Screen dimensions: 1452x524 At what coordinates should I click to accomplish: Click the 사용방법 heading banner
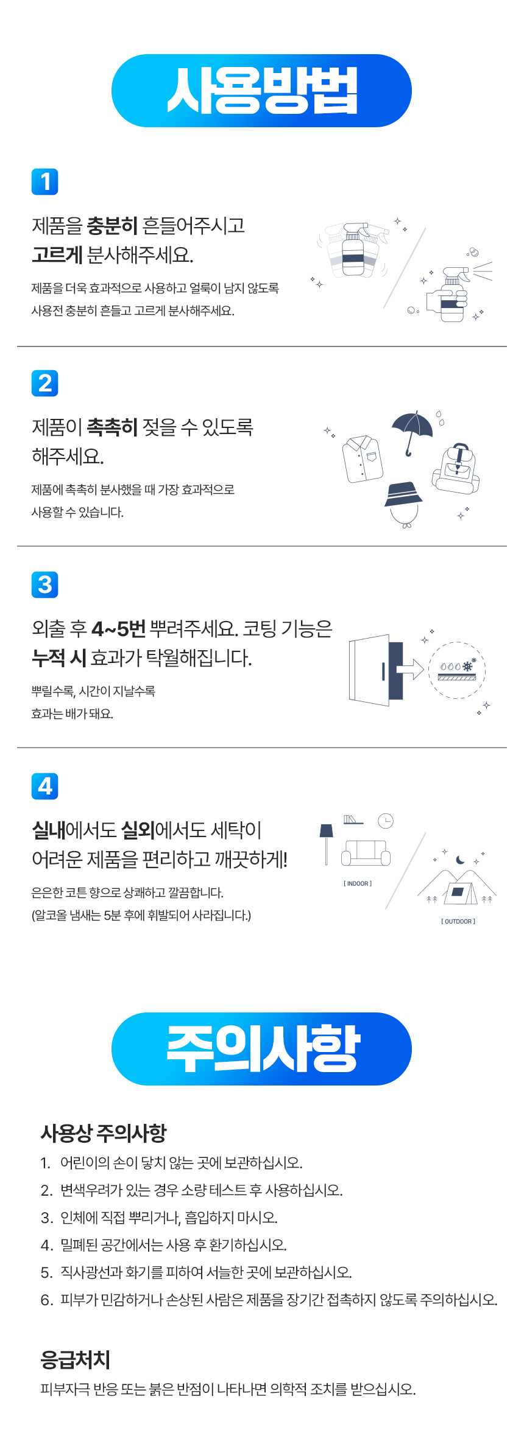261,91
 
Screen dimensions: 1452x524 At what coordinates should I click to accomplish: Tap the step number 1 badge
44,181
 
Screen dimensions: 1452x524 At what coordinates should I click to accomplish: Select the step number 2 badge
44,383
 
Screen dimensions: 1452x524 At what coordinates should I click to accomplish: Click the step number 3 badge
44,584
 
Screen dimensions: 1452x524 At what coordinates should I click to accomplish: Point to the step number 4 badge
44,786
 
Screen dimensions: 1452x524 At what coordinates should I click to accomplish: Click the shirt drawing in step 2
363,458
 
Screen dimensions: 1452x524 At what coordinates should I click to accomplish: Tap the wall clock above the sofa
386,821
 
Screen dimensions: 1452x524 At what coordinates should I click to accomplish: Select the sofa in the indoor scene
366,852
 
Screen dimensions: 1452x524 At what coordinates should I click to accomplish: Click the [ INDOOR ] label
358,883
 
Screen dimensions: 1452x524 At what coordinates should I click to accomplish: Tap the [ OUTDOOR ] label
458,921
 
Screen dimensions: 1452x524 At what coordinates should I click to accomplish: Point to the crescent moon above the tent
460,860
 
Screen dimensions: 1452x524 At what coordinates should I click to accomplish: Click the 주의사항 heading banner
261,1048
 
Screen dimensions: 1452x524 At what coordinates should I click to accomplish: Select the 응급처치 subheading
76,1359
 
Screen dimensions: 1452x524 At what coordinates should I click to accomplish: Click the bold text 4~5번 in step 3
118,628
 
